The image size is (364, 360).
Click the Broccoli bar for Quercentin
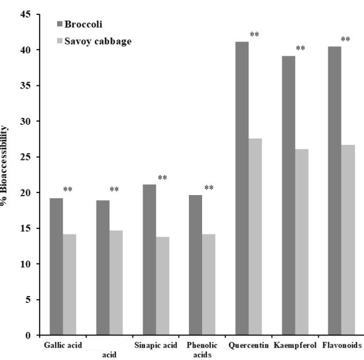tap(242, 188)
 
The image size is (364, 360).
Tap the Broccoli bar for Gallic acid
tap(56, 267)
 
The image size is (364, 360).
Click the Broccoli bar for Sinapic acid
tap(149, 260)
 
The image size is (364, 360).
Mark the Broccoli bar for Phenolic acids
tap(195, 265)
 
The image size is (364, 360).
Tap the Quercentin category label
tap(249, 345)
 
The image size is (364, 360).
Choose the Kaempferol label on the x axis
tap(295, 345)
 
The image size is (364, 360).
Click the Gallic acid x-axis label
tap(63, 345)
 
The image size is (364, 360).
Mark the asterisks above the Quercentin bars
tap(254, 35)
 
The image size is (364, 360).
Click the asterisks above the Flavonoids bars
tap(345, 40)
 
